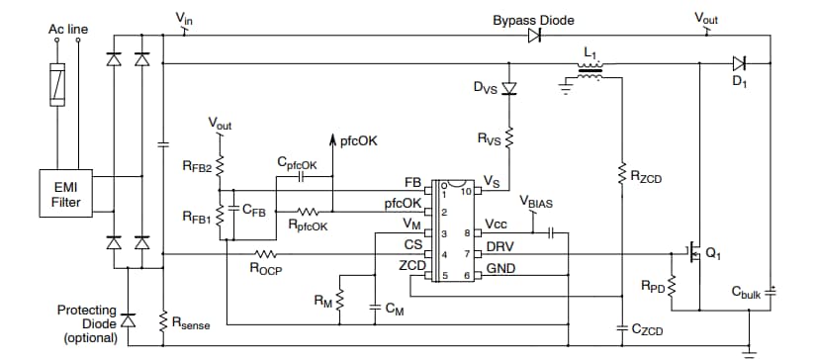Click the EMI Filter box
(x=61, y=193)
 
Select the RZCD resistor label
(x=649, y=178)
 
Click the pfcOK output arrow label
(x=358, y=141)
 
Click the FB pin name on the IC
(x=412, y=183)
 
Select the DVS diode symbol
(x=509, y=89)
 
